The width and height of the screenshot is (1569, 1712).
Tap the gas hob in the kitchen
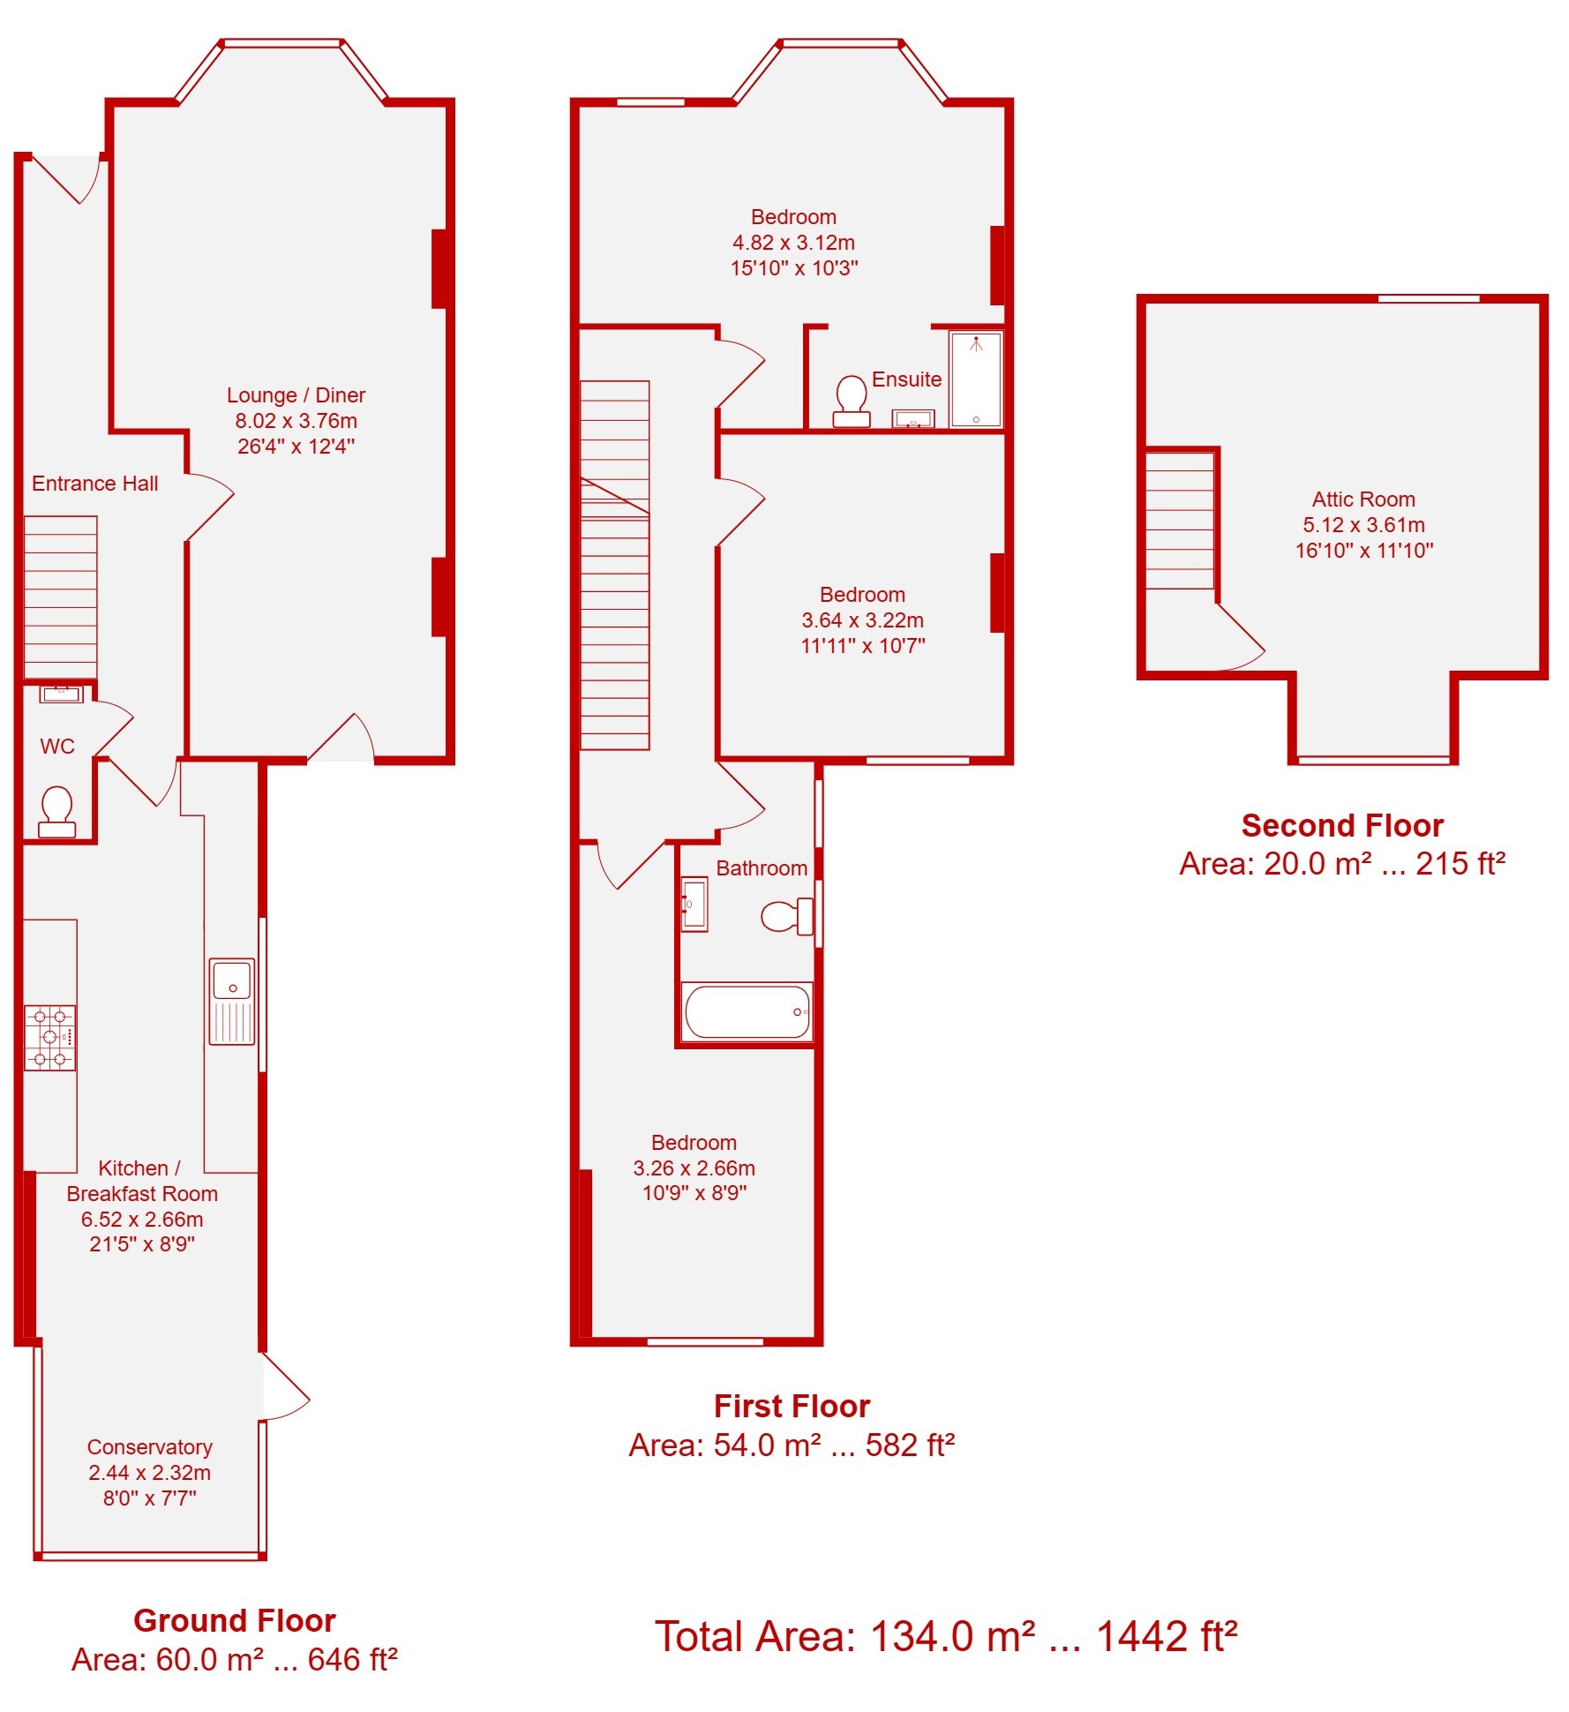50,1038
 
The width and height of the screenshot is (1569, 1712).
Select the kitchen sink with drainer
232,1002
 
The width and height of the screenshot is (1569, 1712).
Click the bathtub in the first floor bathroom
747,1011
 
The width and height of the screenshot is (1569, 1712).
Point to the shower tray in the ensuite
976,379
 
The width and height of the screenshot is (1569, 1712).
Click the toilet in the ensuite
852,402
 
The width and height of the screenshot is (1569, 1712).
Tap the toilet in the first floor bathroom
787,916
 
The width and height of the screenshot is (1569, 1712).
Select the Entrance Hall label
95,484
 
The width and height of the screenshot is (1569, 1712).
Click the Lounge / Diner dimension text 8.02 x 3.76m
297,421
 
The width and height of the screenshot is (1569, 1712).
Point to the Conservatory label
150,1447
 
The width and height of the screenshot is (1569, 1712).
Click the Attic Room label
1363,499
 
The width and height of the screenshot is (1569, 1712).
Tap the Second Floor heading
1342,826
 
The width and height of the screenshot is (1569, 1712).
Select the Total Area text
946,1636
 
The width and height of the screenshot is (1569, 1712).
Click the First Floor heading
792,1406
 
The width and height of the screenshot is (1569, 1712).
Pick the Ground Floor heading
235,1620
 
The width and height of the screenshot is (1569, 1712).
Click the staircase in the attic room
1180,521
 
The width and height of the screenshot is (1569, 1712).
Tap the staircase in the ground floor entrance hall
60,597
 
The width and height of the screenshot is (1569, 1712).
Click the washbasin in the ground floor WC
61,694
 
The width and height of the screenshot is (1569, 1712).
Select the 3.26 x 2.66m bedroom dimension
694,1168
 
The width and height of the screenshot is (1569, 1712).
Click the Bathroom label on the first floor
762,868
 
